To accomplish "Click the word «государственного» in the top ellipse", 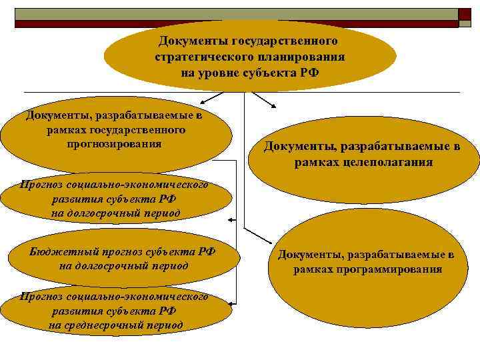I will pyautogui.click(x=294, y=42).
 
